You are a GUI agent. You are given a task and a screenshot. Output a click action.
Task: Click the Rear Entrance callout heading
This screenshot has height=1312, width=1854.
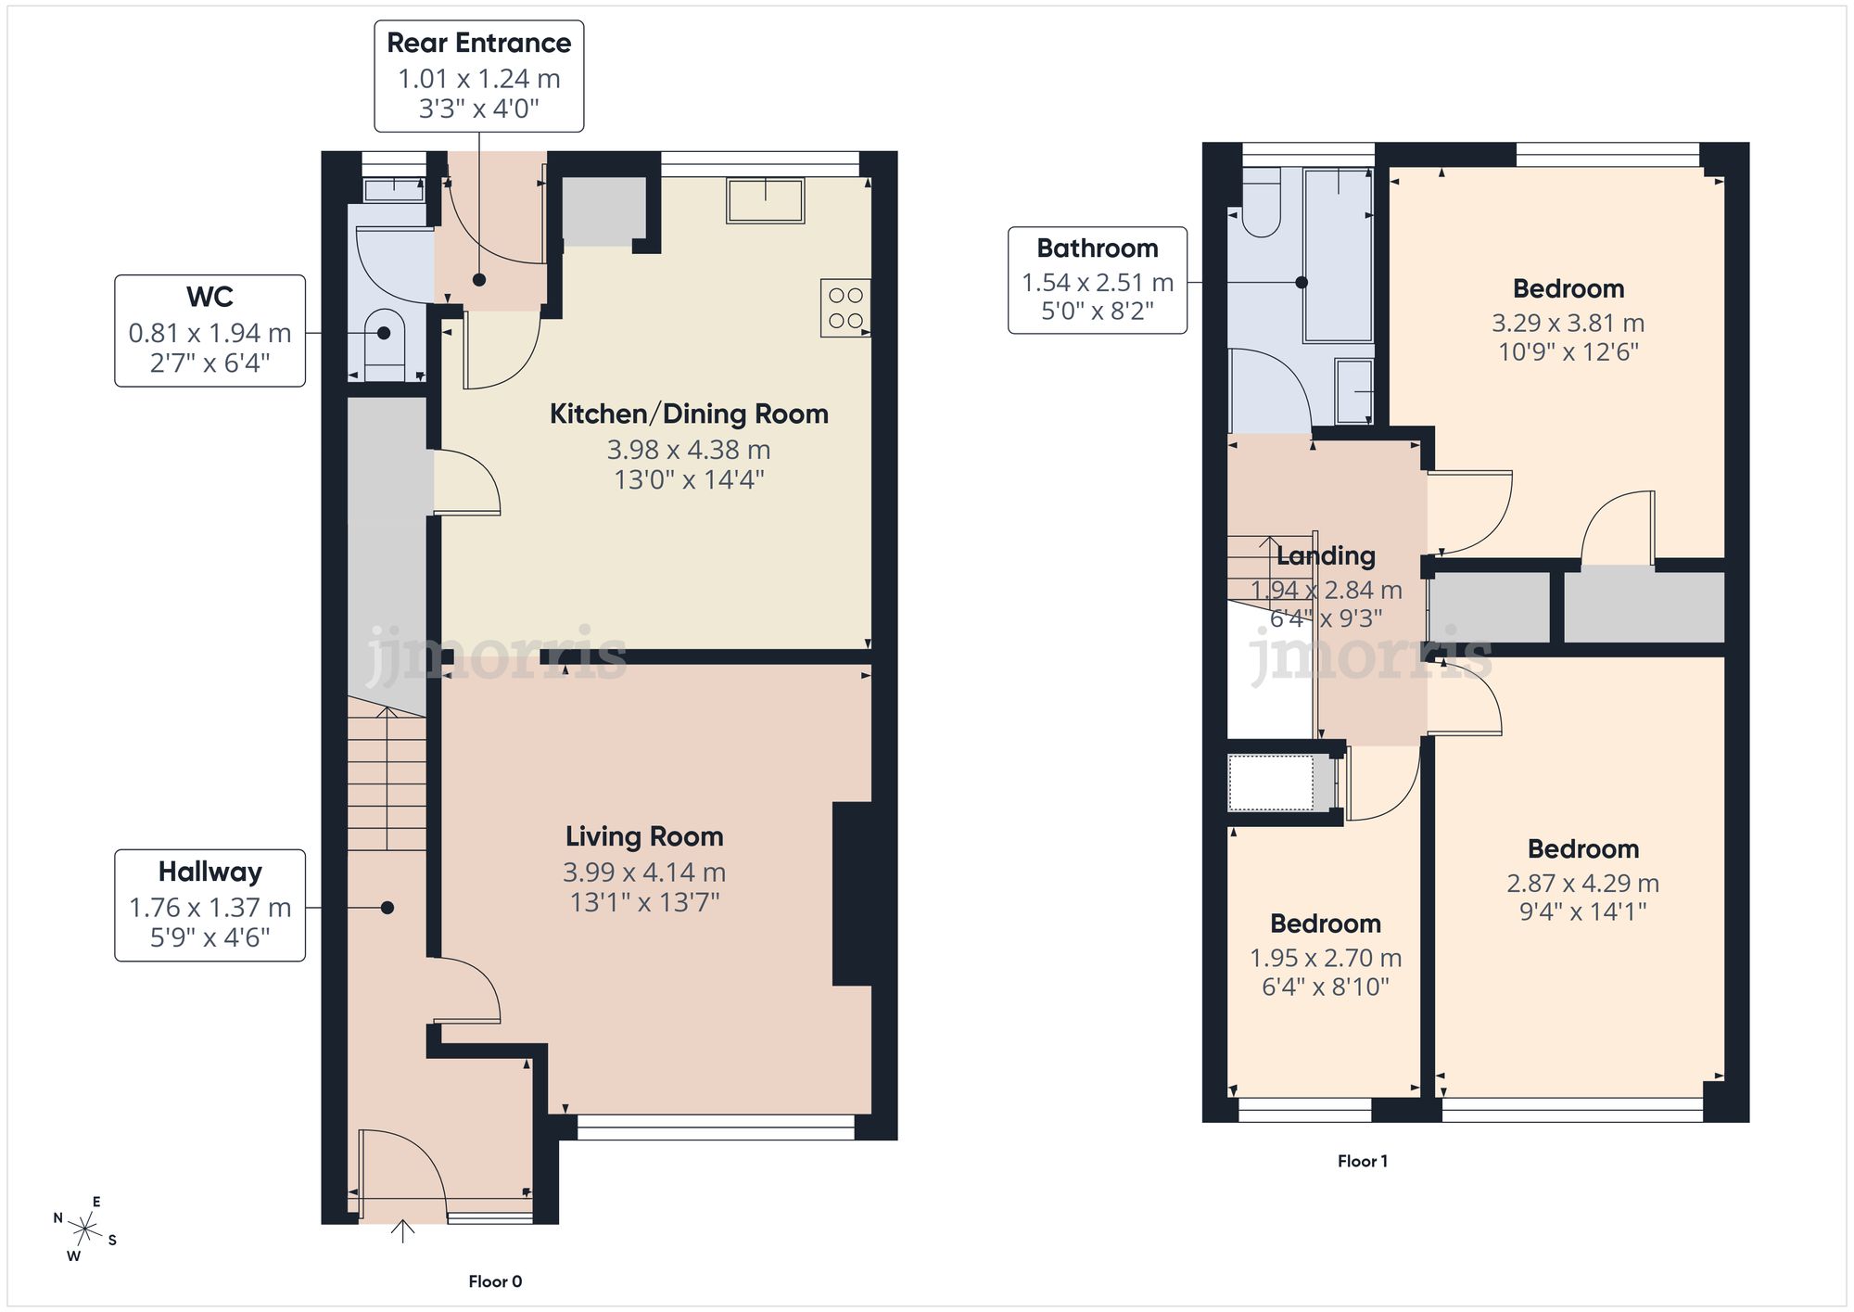coord(478,44)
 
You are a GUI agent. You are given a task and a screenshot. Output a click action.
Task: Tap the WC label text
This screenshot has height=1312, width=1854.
coord(210,298)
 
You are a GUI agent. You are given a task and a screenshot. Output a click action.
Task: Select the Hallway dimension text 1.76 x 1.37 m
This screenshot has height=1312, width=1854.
coord(210,908)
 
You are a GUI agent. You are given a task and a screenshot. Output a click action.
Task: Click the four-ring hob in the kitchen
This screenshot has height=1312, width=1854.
coord(845,308)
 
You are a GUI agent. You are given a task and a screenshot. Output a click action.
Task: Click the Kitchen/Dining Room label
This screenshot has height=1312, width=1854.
coord(689,414)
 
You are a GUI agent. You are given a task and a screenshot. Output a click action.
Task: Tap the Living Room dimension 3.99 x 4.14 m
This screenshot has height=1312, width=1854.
coord(644,873)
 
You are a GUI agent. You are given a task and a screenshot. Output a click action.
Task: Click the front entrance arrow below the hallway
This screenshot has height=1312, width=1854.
coord(402,1232)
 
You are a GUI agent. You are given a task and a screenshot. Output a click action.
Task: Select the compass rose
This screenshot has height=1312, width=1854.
coord(85,1230)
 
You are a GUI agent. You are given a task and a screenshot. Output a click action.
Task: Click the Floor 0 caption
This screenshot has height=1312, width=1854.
coord(495,1281)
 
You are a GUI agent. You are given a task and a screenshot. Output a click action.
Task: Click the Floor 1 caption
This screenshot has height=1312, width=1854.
coord(1362,1161)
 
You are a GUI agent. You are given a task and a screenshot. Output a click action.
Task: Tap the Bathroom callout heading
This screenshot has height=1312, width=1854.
coord(1098,248)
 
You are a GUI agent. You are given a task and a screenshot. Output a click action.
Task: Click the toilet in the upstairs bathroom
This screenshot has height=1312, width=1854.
coord(1261,210)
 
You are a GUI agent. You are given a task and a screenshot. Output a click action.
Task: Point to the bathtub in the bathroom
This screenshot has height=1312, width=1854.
coord(1339,255)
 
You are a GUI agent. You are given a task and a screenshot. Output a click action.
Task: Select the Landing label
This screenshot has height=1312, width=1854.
coord(1326,556)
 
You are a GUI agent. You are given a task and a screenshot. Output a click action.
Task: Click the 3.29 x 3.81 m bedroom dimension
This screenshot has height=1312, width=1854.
coord(1568,324)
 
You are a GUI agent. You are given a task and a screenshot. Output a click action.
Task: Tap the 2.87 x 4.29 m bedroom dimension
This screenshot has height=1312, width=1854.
coord(1582,884)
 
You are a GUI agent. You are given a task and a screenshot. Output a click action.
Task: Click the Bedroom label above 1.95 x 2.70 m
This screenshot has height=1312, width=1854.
coord(1325,923)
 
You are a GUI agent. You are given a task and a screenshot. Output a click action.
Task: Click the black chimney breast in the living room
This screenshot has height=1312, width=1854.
coord(853,893)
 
